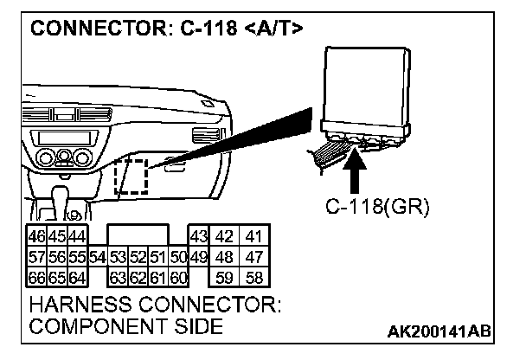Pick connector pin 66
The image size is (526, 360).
point(37,277)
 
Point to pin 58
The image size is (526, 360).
point(253,277)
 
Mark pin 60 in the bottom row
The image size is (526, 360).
point(178,277)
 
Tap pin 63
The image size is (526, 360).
point(117,277)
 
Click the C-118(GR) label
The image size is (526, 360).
point(376,208)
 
